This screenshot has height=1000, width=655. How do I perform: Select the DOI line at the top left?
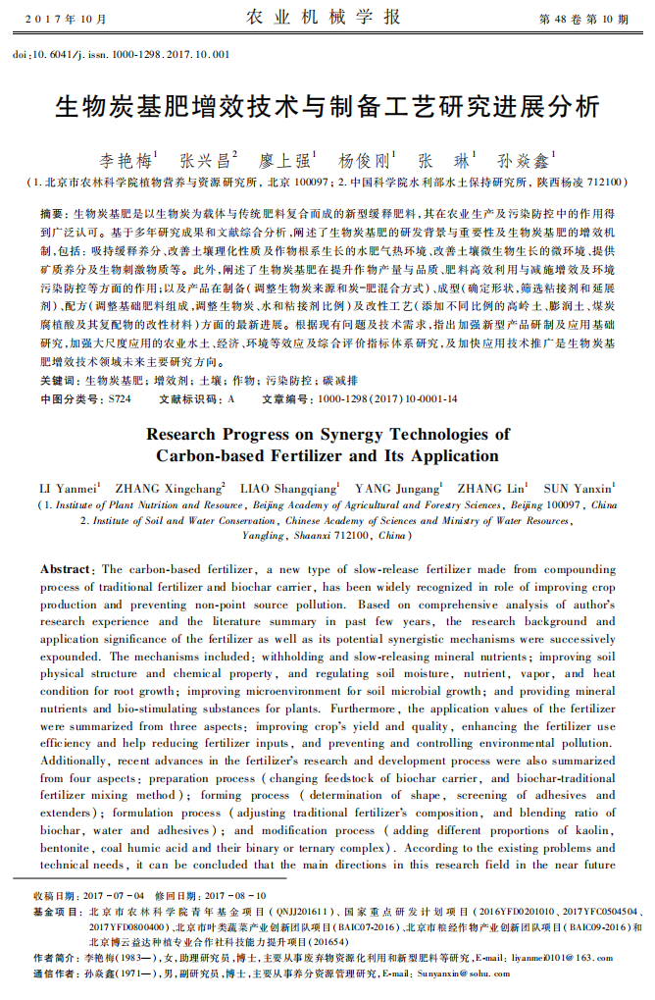121,54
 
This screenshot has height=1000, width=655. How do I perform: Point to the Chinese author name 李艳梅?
126,160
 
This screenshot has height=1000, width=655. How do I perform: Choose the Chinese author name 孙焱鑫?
525,160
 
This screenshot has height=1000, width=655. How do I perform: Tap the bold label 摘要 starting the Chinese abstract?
54,213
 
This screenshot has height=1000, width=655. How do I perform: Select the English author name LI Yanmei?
69,488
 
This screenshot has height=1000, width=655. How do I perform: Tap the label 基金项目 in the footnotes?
57,912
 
